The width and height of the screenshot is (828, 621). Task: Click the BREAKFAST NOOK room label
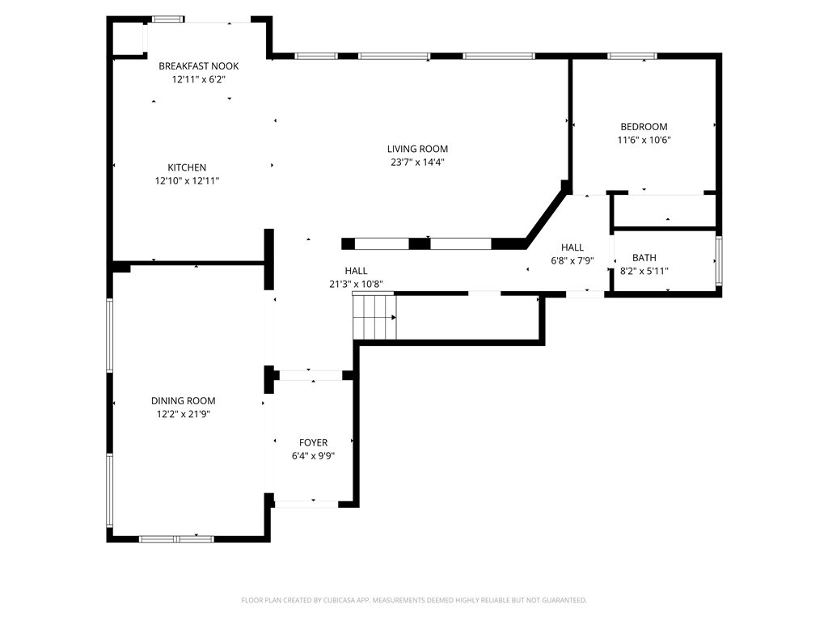198,66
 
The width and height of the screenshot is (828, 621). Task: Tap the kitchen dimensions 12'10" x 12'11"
187,181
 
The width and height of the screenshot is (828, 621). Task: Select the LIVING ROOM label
417,149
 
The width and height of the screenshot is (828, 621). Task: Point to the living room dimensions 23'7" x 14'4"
417,162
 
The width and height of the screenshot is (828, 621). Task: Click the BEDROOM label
644,127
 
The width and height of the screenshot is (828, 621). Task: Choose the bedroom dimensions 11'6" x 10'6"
644,140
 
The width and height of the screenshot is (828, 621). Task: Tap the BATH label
644,258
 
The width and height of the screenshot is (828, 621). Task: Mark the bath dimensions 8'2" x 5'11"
644,271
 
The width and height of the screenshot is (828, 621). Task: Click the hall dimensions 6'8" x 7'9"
572,260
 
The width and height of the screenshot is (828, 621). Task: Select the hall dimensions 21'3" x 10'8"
357,284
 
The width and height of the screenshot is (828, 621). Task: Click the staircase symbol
374,317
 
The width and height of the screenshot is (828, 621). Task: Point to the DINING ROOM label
184,401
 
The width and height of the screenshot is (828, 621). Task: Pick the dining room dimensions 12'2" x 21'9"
184,414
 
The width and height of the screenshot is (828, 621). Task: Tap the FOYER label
313,443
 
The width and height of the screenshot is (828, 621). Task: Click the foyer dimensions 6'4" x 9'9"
313,456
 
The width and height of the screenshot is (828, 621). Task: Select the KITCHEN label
187,168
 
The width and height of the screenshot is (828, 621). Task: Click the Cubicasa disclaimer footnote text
414,600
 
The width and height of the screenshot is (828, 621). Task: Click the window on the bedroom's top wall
632,56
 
